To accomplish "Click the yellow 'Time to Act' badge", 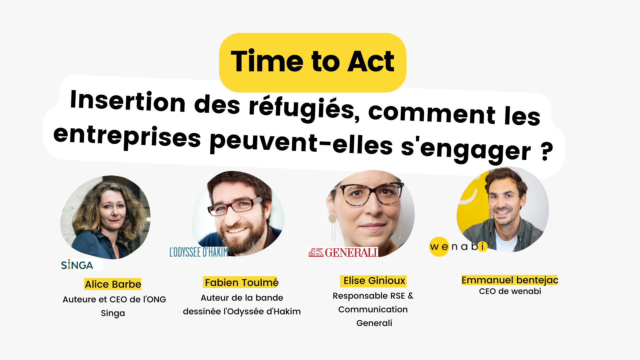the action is pyautogui.click(x=313, y=62).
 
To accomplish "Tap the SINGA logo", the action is pyautogui.click(x=77, y=265).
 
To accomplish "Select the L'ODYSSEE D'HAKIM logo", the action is pyautogui.click(x=199, y=252).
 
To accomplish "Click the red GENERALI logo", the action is pyautogui.click(x=343, y=252).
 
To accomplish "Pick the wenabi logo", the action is pyautogui.click(x=458, y=247).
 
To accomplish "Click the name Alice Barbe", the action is pyautogui.click(x=113, y=284).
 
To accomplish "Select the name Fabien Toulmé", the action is pyautogui.click(x=241, y=282).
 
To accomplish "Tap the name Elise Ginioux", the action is pyautogui.click(x=374, y=281).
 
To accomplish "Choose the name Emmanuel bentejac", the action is pyautogui.click(x=510, y=280).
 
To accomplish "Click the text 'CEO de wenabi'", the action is pyautogui.click(x=510, y=291).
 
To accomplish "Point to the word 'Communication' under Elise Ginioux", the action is pyautogui.click(x=373, y=309).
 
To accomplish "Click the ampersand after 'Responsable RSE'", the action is pyautogui.click(x=410, y=296).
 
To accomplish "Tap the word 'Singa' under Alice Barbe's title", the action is pyautogui.click(x=113, y=313).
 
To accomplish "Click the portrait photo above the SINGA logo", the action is pyautogui.click(x=105, y=217).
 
